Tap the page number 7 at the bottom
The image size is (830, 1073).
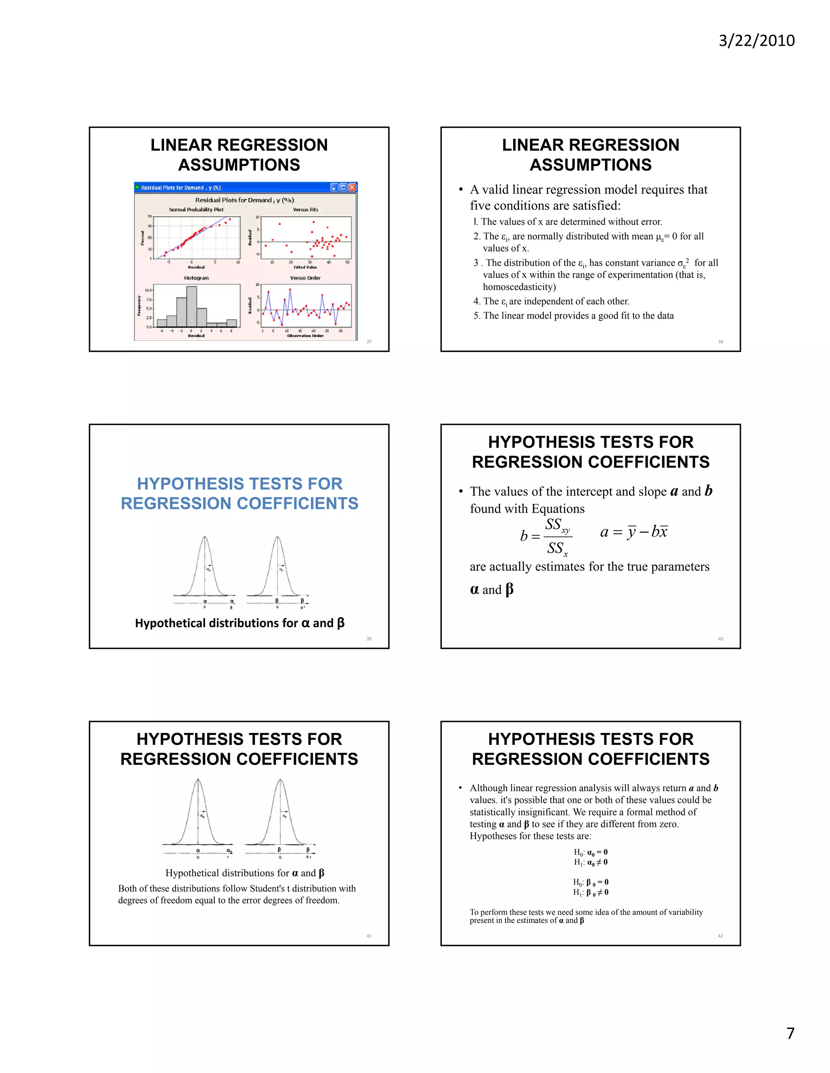coord(790,1034)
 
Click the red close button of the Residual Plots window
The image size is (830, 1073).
coord(352,187)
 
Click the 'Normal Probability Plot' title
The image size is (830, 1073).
coord(196,210)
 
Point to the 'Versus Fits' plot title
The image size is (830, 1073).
coord(305,210)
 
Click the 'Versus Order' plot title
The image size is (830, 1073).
coord(305,278)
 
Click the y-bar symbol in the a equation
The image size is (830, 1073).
coord(631,532)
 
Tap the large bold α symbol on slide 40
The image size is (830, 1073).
coord(475,590)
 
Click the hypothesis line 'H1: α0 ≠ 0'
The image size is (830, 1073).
coord(590,862)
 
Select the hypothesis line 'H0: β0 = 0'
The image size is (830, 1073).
coord(590,882)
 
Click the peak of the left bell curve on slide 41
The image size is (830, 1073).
coord(198,780)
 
